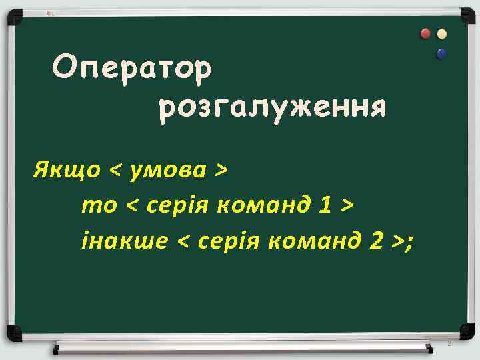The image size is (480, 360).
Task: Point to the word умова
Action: [169, 171]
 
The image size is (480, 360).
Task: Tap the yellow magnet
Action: [441, 34]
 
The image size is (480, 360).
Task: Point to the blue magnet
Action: [441, 53]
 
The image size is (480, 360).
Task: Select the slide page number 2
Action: [449, 344]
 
